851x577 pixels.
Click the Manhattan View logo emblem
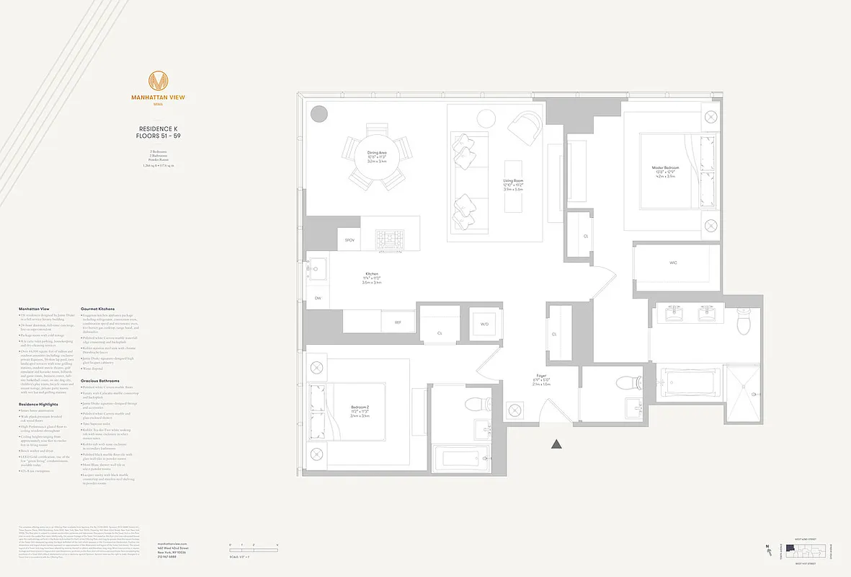point(158,82)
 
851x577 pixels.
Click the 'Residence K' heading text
point(158,129)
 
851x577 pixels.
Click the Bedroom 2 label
point(360,410)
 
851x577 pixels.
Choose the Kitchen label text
point(372,277)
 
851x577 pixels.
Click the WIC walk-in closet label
point(673,263)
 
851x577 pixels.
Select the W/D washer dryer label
point(484,324)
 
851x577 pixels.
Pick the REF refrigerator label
point(397,322)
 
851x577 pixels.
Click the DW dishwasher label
point(318,298)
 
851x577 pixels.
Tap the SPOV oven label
point(349,239)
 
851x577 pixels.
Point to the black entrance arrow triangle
point(556,445)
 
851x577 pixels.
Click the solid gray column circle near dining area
point(319,114)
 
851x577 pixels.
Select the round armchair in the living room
point(525,127)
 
